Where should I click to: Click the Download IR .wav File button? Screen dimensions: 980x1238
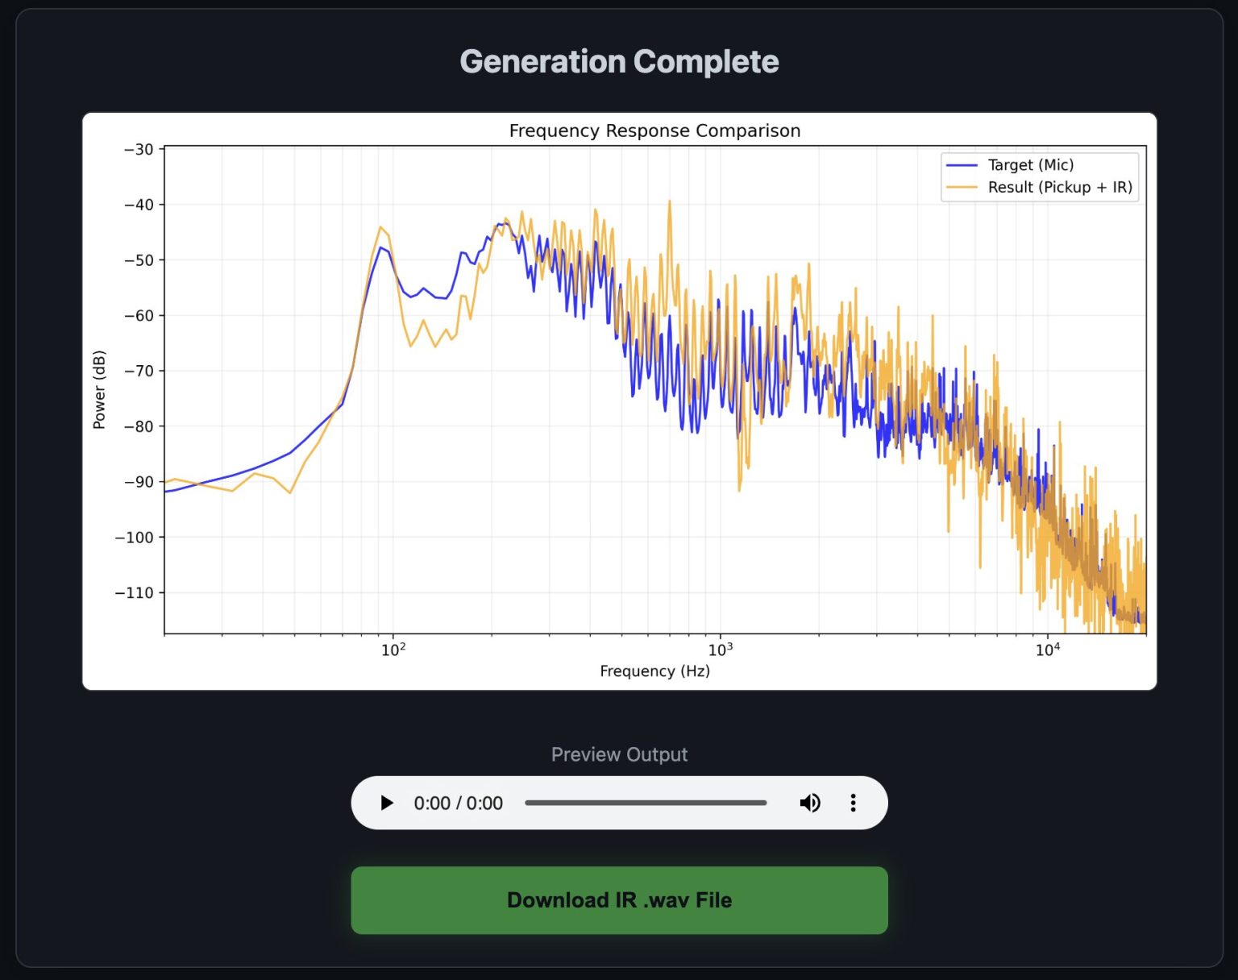point(619,900)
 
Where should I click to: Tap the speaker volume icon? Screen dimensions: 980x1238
point(809,803)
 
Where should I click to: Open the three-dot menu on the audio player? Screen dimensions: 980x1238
point(853,803)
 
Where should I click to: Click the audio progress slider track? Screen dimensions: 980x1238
point(645,803)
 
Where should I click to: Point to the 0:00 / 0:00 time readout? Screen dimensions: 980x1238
point(458,804)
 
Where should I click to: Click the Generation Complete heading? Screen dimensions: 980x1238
point(619,62)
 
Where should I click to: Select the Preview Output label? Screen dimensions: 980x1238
point(619,754)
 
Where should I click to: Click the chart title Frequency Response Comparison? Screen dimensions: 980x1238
point(654,131)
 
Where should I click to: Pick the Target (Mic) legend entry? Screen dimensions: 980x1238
point(1030,165)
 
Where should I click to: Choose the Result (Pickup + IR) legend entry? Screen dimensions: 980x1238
point(1059,188)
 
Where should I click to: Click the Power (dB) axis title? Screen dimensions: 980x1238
point(99,389)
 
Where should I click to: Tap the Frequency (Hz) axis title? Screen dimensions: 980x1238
point(654,671)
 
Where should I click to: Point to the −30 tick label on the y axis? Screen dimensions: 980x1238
point(139,150)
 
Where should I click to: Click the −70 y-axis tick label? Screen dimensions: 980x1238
point(139,372)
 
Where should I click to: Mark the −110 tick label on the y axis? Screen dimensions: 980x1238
point(135,593)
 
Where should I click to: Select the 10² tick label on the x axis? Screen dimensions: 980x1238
point(393,650)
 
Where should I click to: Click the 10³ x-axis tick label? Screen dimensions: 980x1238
point(720,650)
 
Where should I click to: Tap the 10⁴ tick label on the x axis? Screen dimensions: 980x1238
point(1047,650)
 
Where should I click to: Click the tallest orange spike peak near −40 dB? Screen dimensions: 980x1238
point(669,203)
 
